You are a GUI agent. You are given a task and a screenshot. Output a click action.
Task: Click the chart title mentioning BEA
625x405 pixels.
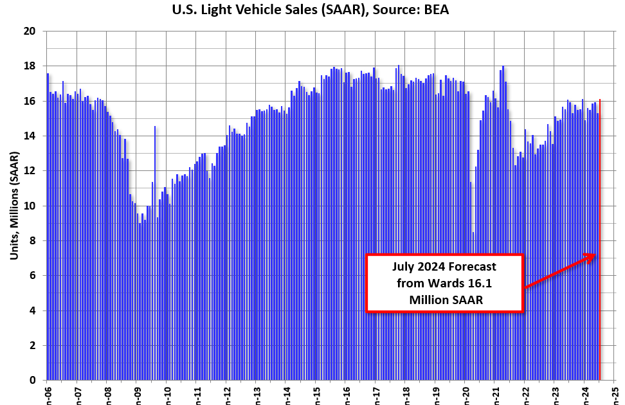point(312,10)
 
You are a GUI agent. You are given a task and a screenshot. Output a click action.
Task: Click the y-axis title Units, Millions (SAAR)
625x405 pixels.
point(14,206)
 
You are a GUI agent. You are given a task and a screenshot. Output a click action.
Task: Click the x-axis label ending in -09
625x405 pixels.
point(136,393)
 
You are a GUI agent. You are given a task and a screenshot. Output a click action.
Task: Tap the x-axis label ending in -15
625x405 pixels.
point(316,393)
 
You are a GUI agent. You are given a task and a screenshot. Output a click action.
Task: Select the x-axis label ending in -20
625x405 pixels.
point(465,393)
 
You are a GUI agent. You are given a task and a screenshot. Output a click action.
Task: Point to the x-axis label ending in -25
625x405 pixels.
point(615,393)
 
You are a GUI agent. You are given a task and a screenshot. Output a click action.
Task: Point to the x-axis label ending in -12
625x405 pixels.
point(226,393)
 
